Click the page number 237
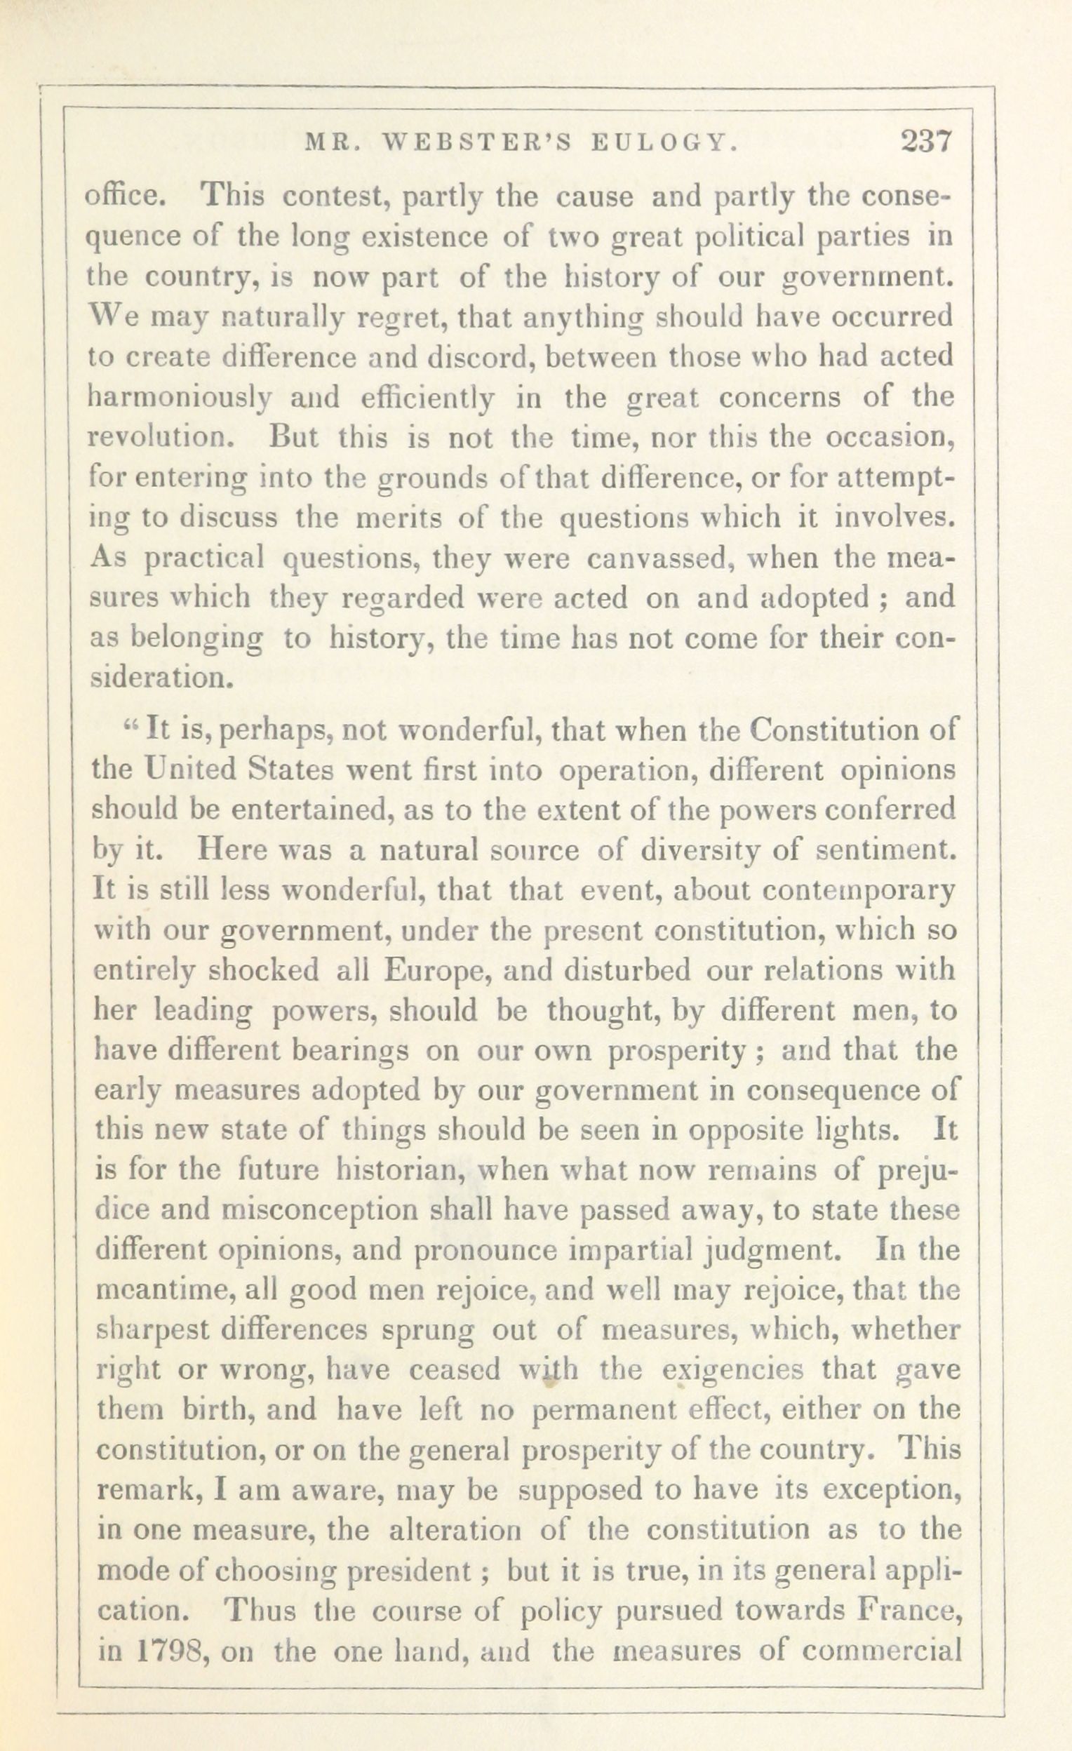click(x=925, y=142)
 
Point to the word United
click(x=179, y=770)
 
